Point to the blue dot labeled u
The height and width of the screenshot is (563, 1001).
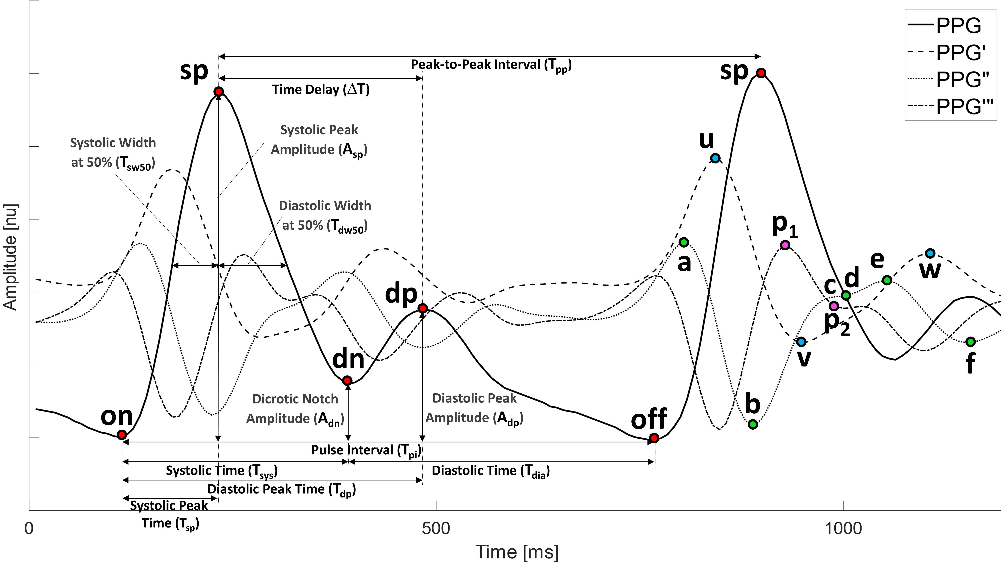tap(715, 158)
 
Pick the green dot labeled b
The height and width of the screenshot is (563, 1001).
tap(753, 424)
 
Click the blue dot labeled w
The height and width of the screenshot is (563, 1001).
tap(930, 253)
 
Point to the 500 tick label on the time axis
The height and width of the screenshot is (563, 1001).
tap(436, 528)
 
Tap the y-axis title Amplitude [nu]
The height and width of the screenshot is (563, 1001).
tap(11, 256)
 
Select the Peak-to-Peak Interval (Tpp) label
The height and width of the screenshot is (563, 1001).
tap(491, 65)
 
